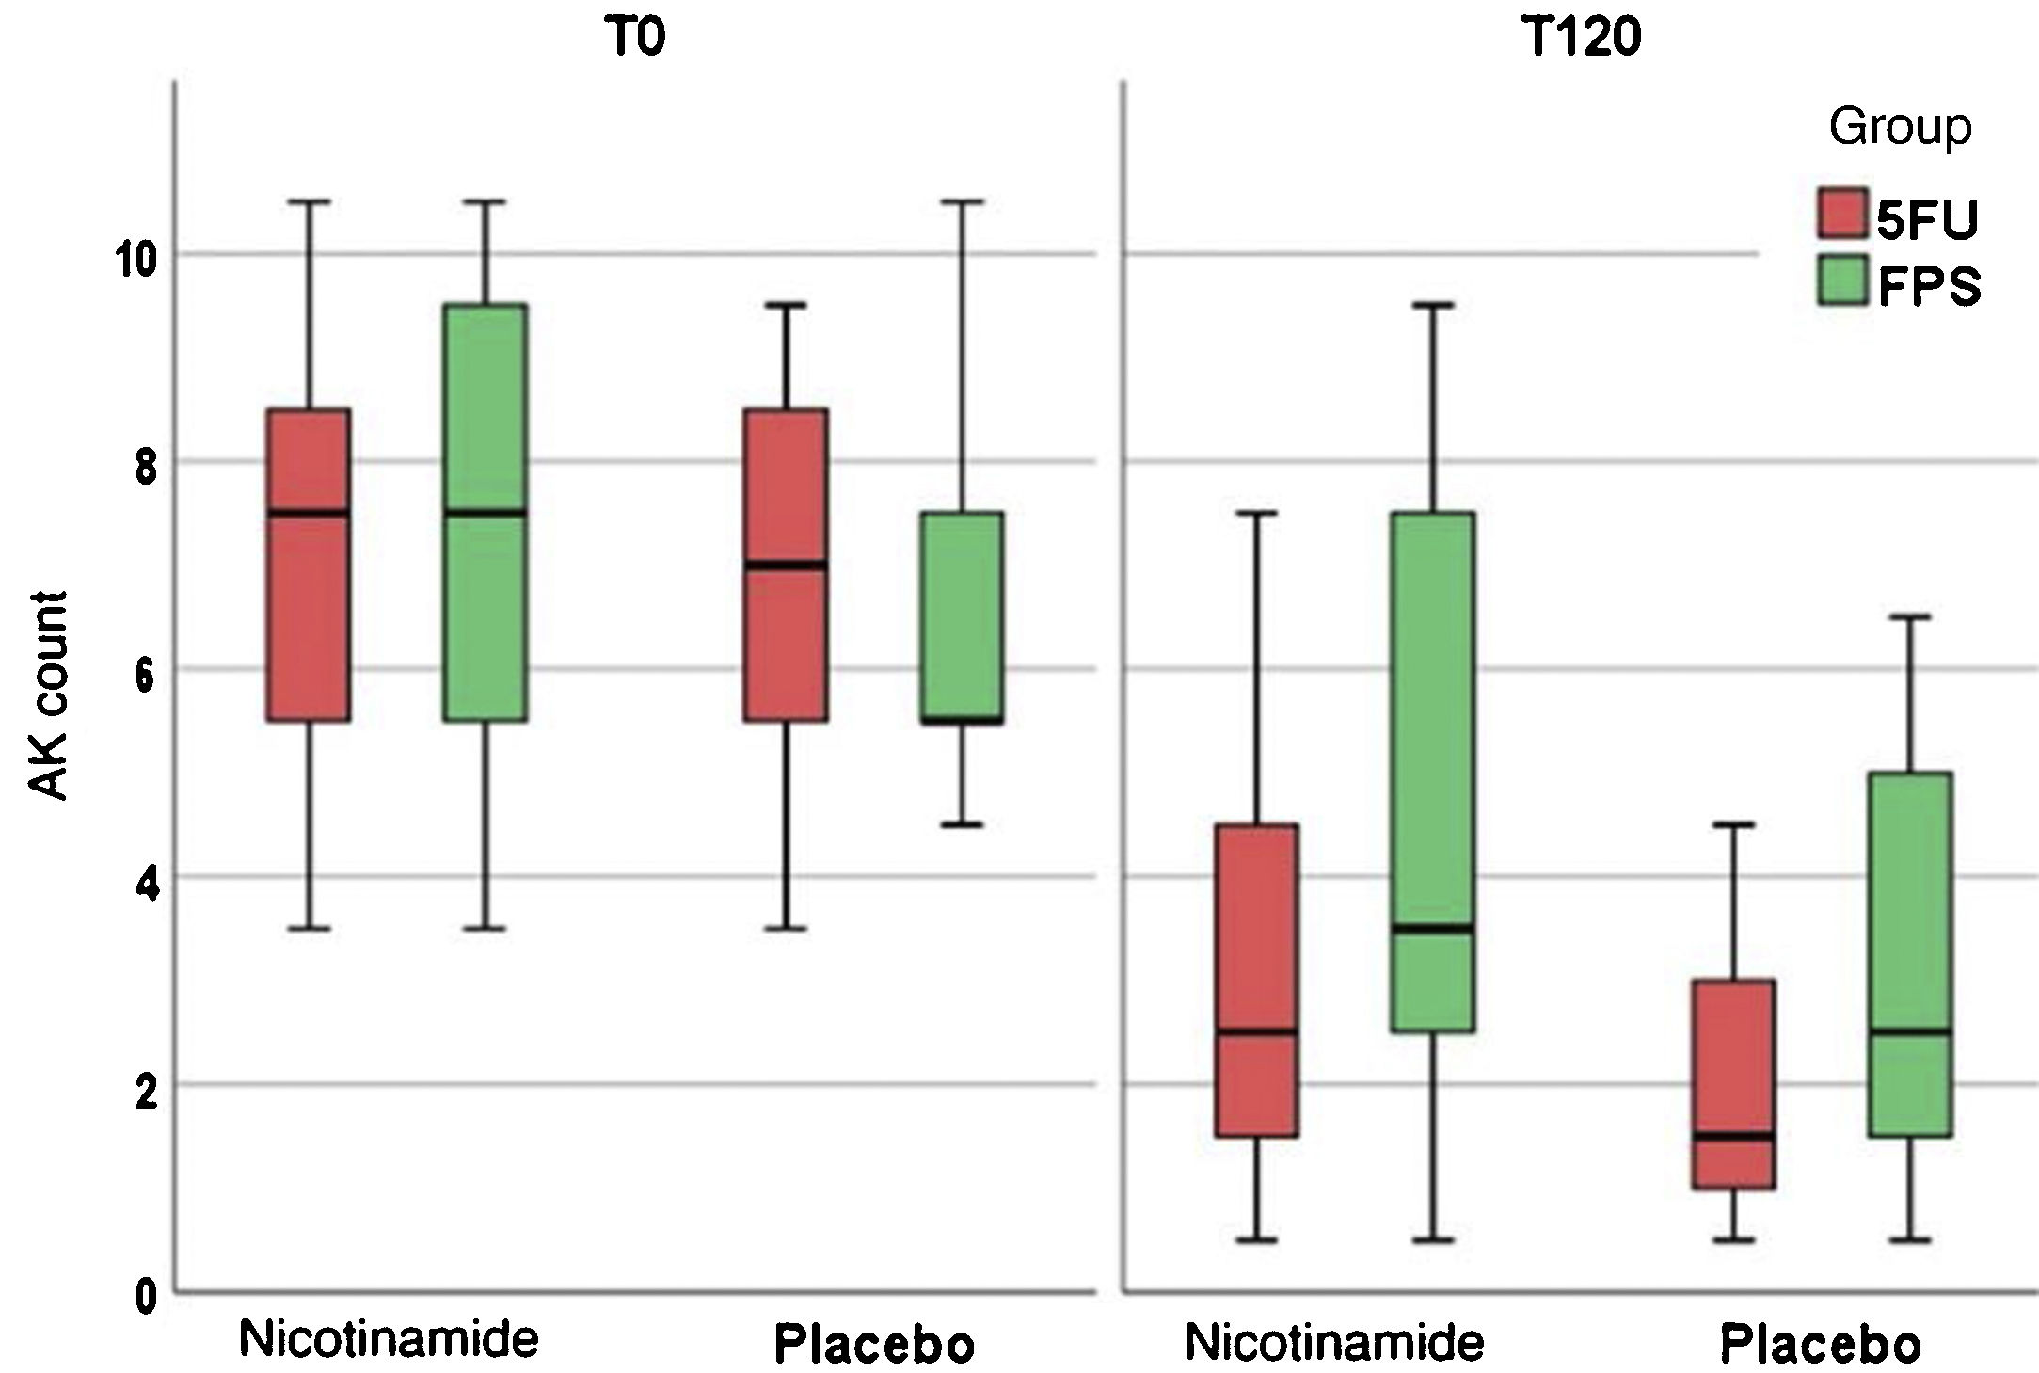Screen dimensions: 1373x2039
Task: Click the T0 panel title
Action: tap(637, 39)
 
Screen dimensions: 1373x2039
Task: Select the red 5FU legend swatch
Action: tap(1841, 216)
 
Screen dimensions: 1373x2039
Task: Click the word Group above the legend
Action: tap(1900, 127)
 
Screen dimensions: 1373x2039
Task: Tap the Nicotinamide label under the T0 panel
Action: tap(389, 1338)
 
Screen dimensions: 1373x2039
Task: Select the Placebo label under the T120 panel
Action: tap(1820, 1344)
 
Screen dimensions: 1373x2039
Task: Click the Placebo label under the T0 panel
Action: tap(874, 1344)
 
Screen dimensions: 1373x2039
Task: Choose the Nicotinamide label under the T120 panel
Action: tap(1333, 1342)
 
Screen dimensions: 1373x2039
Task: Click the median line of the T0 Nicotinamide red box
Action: tap(308, 513)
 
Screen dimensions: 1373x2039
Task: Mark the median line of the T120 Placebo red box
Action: tap(1732, 1136)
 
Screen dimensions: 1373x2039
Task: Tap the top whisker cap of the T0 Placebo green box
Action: tap(962, 201)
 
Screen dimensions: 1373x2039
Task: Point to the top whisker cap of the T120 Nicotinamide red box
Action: tap(1256, 513)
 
